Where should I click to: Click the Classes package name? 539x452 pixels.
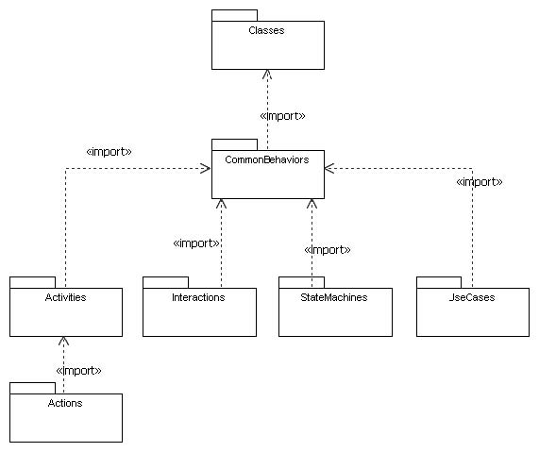(266, 30)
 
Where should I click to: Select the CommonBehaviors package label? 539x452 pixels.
(267, 159)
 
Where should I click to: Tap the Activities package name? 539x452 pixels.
(66, 297)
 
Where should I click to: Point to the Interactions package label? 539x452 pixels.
(198, 297)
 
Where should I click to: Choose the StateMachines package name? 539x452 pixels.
(334, 297)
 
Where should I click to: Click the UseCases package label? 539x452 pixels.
(472, 297)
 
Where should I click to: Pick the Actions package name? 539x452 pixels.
(65, 403)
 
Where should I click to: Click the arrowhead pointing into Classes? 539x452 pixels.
(267, 75)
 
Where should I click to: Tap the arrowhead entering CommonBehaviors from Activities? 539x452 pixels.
(206, 168)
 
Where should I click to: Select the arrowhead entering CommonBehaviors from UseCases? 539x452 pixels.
(329, 168)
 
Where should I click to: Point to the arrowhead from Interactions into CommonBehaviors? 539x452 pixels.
(221, 204)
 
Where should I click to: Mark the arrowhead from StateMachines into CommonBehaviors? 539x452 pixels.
(312, 204)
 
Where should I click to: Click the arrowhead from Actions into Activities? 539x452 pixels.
(63, 341)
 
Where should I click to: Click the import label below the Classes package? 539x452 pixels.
(282, 116)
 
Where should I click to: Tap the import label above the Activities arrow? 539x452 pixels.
(109, 152)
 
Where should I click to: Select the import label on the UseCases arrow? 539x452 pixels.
(480, 182)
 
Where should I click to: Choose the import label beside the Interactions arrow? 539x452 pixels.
(196, 243)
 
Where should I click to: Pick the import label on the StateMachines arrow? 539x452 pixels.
(328, 249)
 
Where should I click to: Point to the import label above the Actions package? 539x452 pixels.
(78, 371)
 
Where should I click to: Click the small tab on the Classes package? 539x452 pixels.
(234, 15)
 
